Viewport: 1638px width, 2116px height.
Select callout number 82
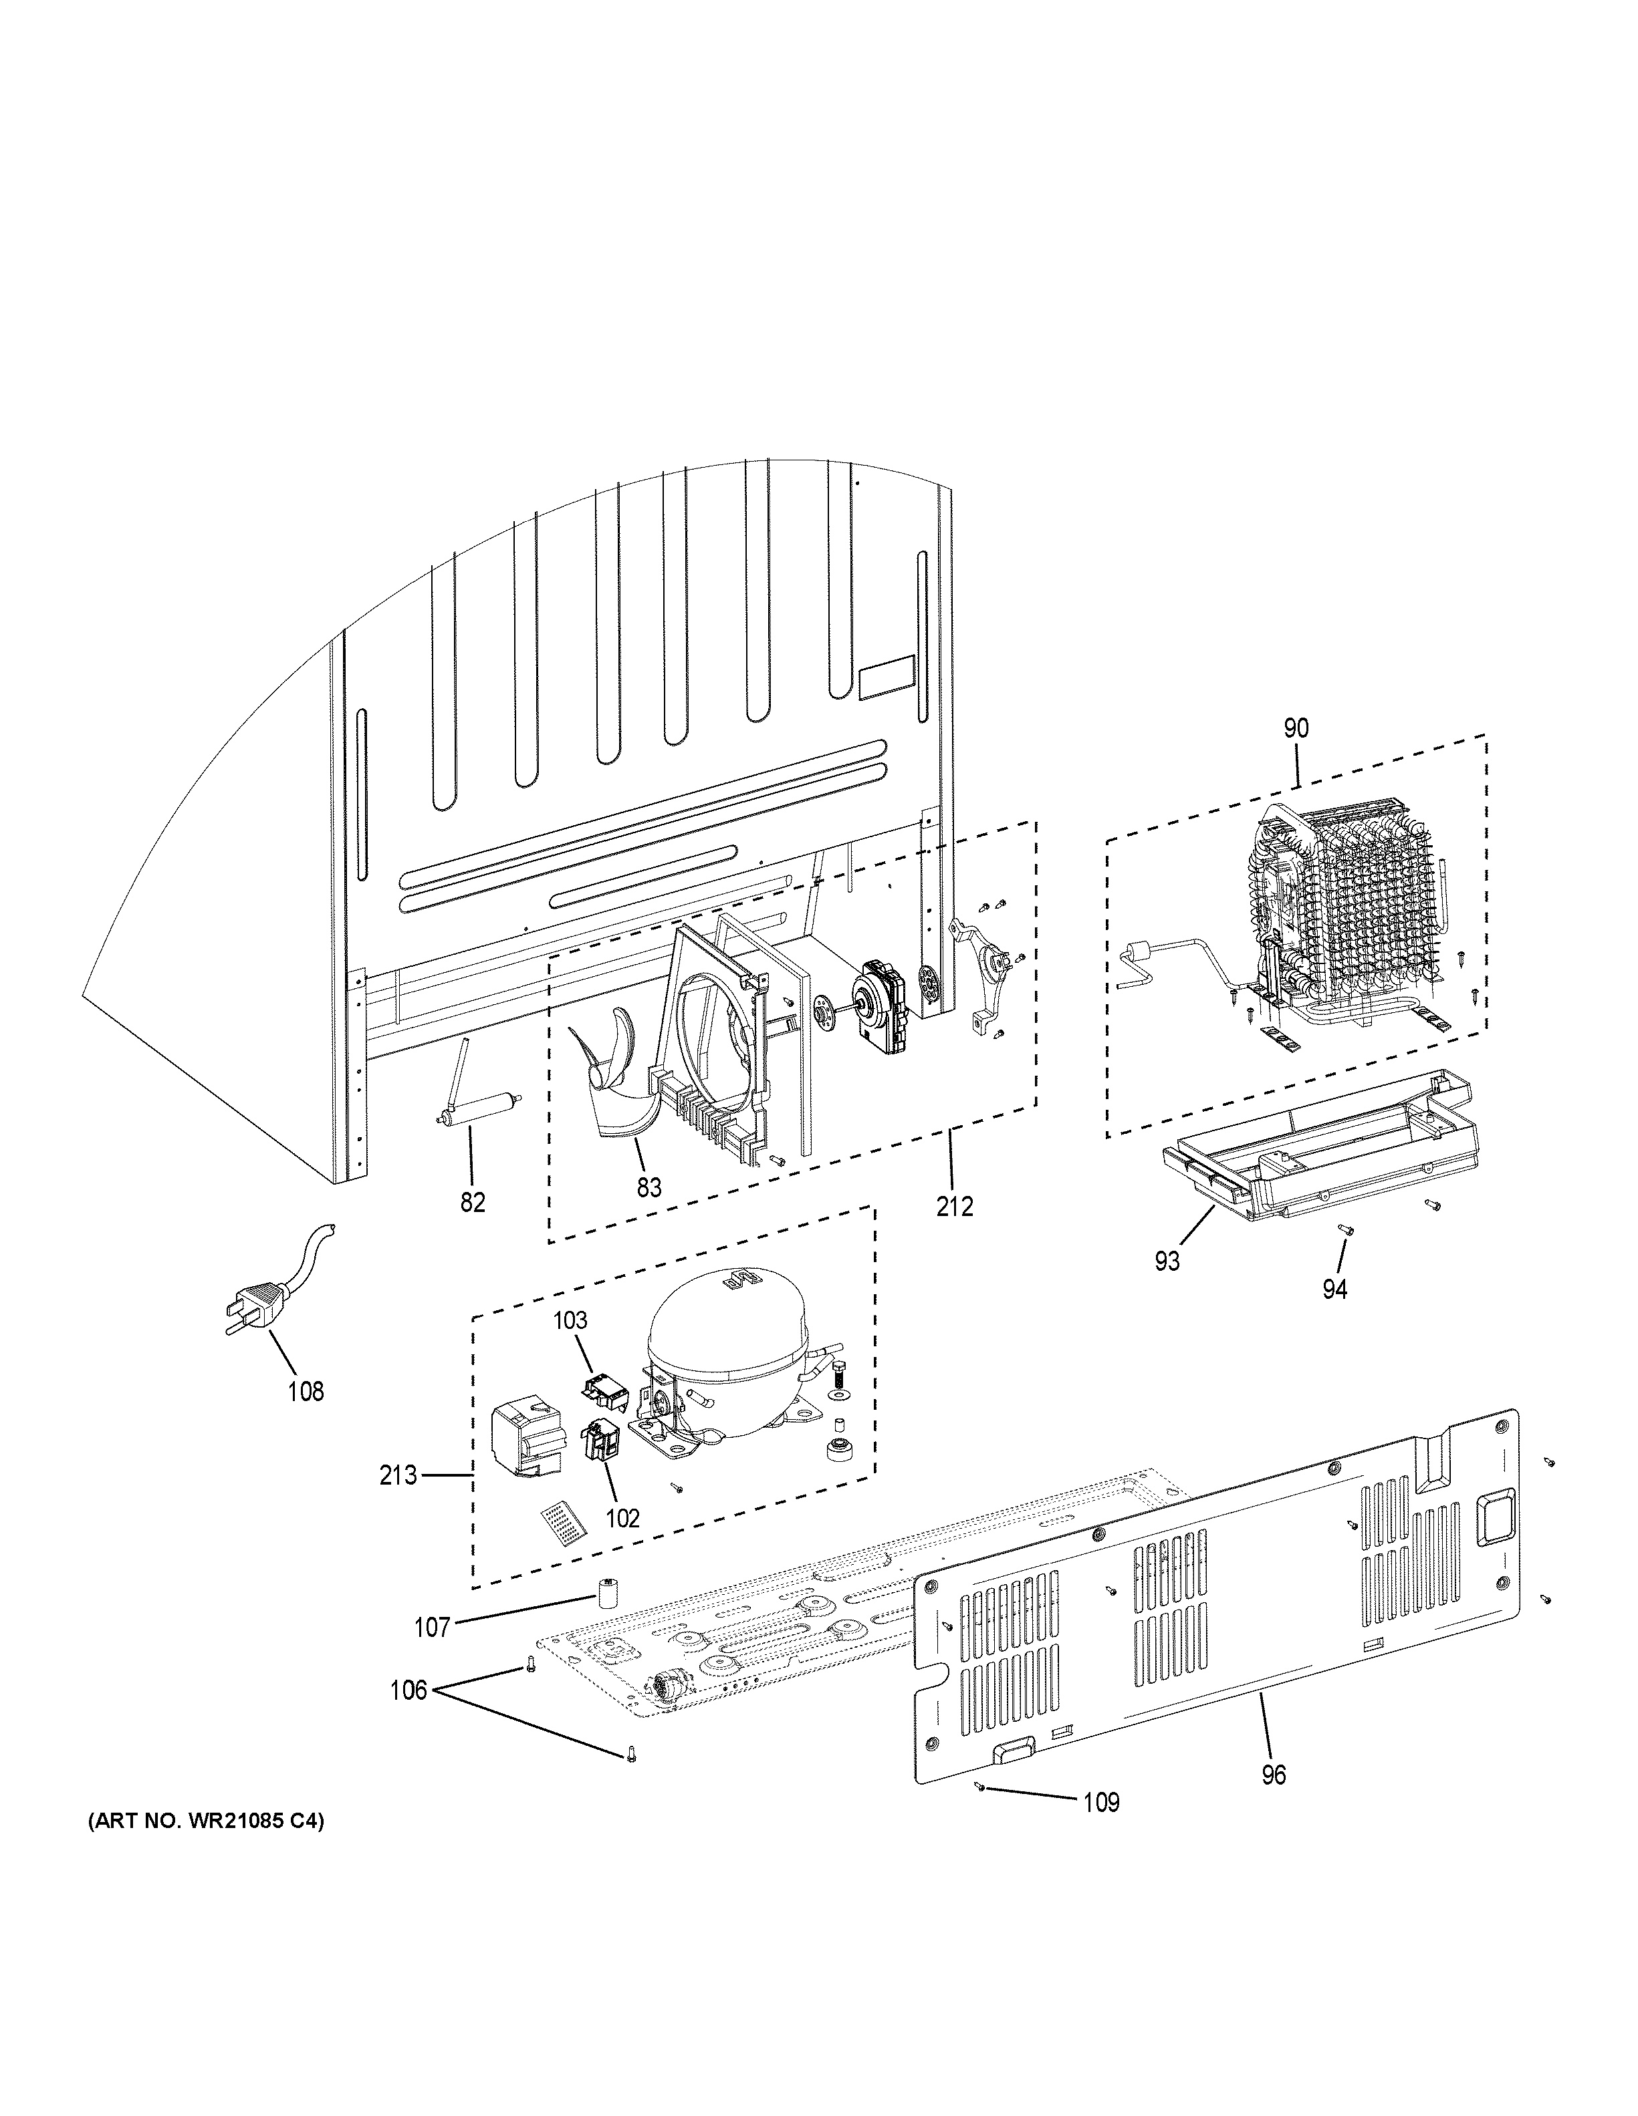[472, 1203]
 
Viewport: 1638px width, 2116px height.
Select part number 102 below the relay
[622, 1518]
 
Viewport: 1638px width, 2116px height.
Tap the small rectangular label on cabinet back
[886, 676]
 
